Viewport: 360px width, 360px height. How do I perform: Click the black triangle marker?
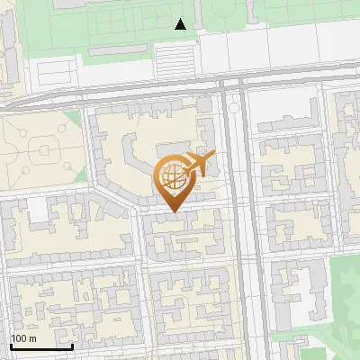coord(181,24)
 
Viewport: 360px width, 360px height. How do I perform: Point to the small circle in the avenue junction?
coord(233,107)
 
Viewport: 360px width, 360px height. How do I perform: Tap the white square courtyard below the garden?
coord(38,210)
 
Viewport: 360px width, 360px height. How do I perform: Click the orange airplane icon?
coord(199,164)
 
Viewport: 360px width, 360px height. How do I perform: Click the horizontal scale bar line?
coord(41,347)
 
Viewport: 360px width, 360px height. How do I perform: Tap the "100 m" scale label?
coord(24,338)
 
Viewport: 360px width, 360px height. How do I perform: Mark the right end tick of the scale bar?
coord(72,346)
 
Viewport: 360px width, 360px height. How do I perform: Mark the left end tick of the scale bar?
coord(11,346)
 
